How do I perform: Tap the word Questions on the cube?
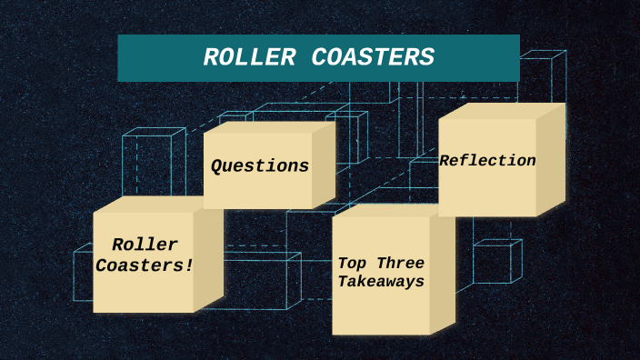(x=260, y=166)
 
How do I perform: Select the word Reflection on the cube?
(x=487, y=161)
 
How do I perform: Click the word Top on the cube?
(x=352, y=264)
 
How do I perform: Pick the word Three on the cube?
(x=398, y=264)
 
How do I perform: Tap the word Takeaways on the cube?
(x=381, y=283)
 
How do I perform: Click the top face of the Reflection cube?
(x=500, y=111)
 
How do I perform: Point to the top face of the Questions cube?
(x=268, y=127)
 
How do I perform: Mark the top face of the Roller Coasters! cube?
(x=155, y=205)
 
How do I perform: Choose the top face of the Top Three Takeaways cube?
(x=391, y=210)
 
